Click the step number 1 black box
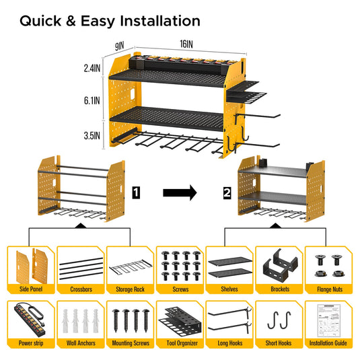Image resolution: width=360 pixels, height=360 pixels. click(136, 194)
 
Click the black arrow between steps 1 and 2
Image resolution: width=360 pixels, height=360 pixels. click(180, 194)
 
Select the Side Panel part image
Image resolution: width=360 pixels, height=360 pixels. click(30, 264)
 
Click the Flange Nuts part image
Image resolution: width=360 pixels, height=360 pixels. click(328, 264)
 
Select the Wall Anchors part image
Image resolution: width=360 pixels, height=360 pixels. click(79, 318)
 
